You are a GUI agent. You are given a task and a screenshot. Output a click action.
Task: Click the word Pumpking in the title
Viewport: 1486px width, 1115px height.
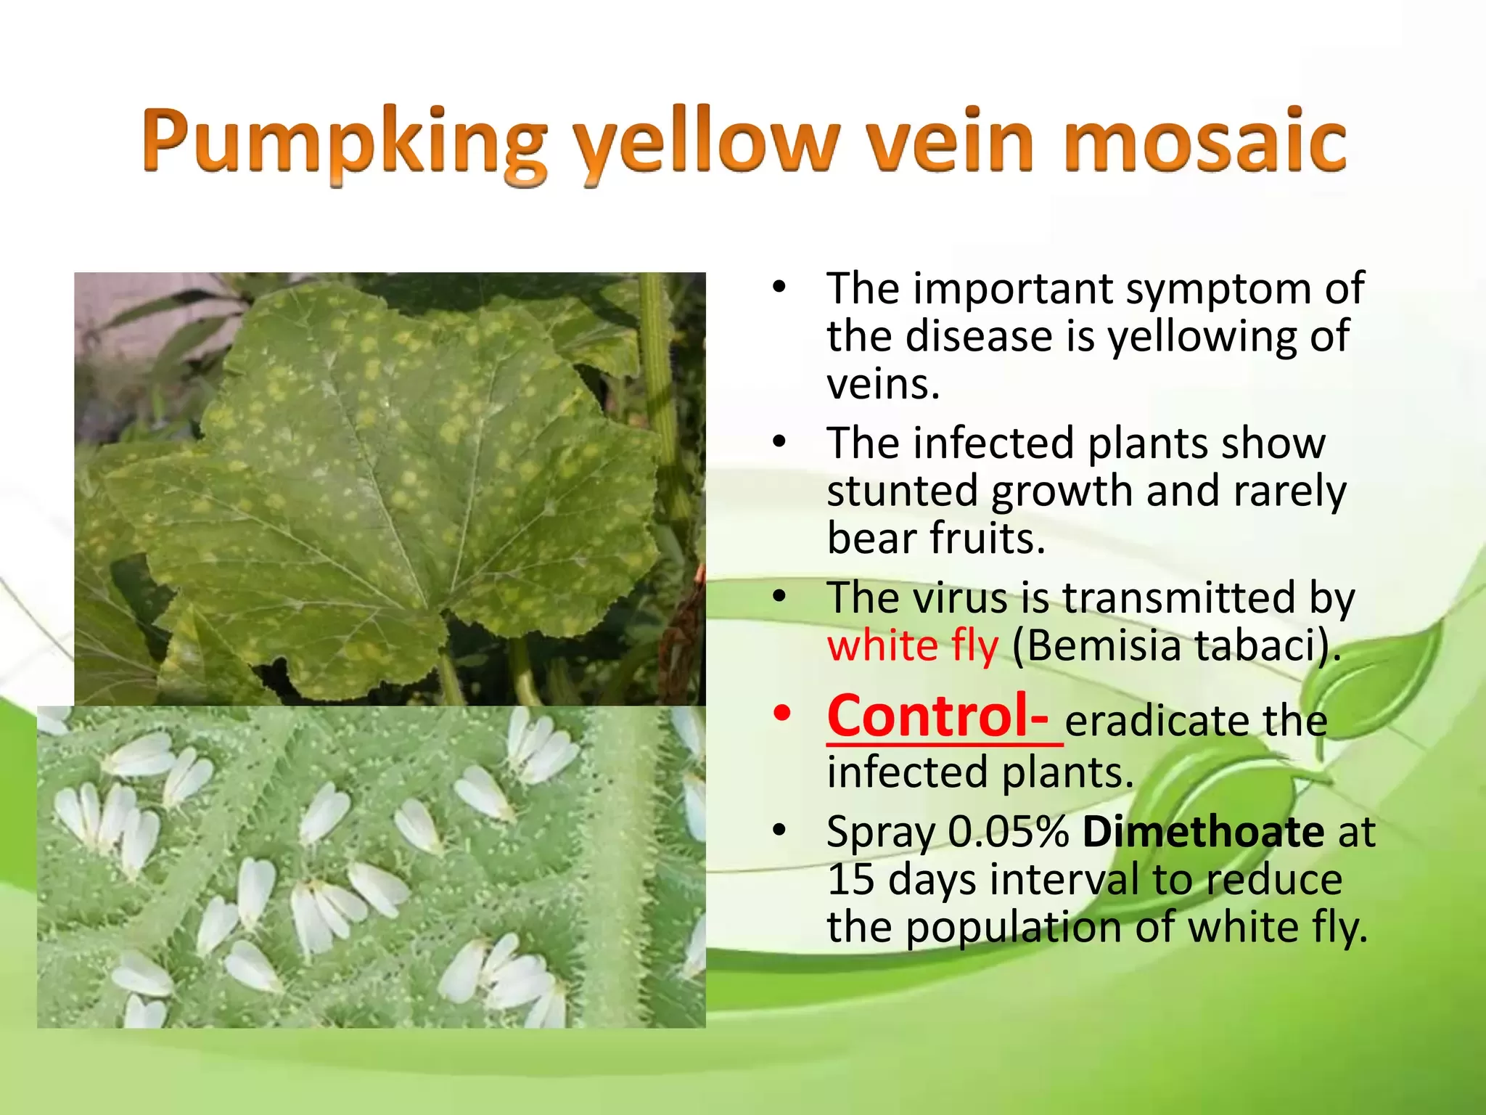pos(344,143)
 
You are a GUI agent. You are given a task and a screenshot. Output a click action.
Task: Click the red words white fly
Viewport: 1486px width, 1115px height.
pos(912,645)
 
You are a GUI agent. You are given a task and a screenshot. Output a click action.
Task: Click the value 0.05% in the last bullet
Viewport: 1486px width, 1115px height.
pos(1009,831)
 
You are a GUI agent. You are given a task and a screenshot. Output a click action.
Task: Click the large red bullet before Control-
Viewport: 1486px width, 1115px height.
pos(781,714)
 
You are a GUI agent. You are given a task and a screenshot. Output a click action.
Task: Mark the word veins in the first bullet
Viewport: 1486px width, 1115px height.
pos(883,385)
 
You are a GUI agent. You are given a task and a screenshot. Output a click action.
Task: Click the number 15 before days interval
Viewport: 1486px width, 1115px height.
pos(850,880)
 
